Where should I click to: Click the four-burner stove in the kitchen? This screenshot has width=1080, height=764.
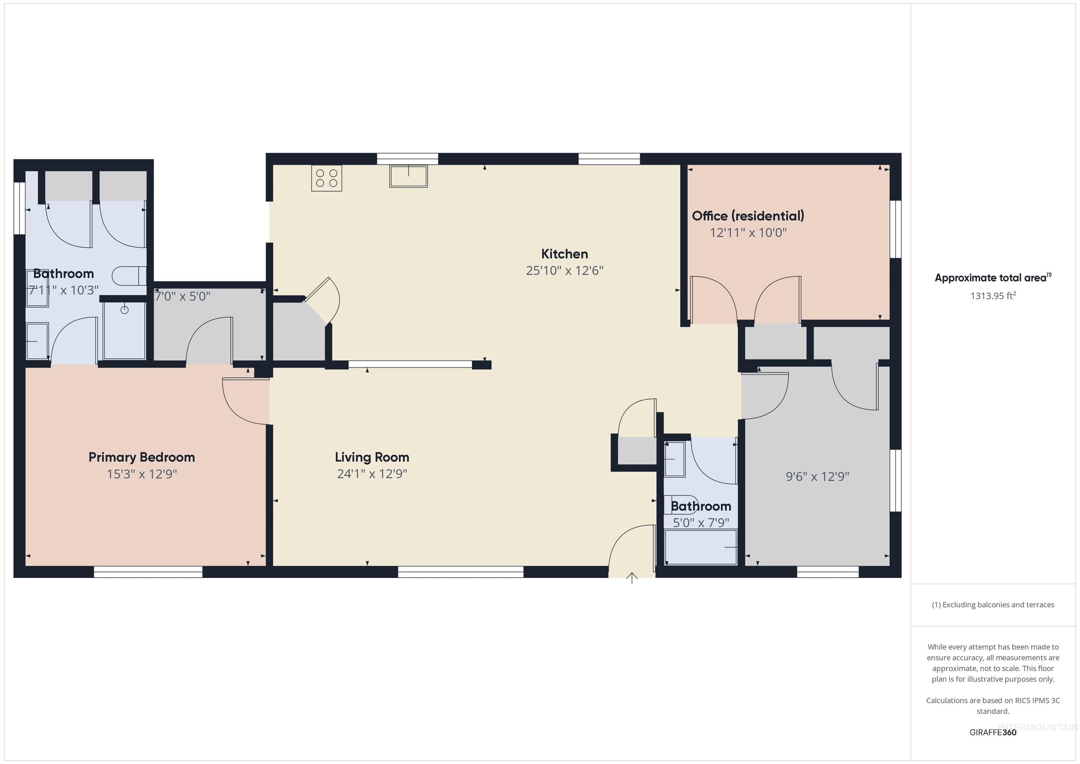click(327, 178)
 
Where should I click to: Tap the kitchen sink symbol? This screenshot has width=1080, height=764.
click(408, 176)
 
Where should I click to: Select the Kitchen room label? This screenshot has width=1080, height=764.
click(565, 254)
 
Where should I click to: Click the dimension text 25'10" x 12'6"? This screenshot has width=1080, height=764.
click(565, 270)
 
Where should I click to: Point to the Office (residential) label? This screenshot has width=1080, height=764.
click(748, 216)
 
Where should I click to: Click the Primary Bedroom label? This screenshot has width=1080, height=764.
click(142, 457)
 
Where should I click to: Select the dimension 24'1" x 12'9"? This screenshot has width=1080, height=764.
click(372, 474)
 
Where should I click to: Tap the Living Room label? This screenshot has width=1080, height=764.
click(372, 457)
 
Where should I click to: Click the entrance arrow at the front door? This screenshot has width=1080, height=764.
click(632, 578)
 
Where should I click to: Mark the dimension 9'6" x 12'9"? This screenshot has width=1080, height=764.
click(817, 476)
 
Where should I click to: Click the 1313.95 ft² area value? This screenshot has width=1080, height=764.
click(993, 296)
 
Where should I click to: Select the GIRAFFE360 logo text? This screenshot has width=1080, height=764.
click(993, 732)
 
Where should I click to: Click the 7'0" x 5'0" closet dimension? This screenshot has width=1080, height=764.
click(182, 296)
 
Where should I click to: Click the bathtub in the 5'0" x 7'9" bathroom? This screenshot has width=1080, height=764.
click(700, 547)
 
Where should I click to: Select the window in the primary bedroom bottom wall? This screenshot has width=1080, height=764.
click(148, 572)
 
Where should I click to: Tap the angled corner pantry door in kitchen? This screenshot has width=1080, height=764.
click(322, 300)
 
